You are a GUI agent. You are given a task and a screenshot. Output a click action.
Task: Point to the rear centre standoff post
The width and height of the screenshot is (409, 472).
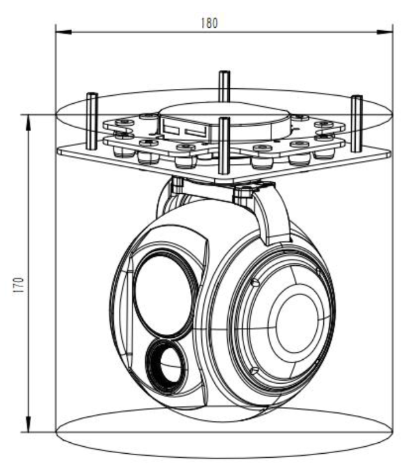tap(224, 85)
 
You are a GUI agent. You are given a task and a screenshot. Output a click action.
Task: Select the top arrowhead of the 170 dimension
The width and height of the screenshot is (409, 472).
tap(28, 120)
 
